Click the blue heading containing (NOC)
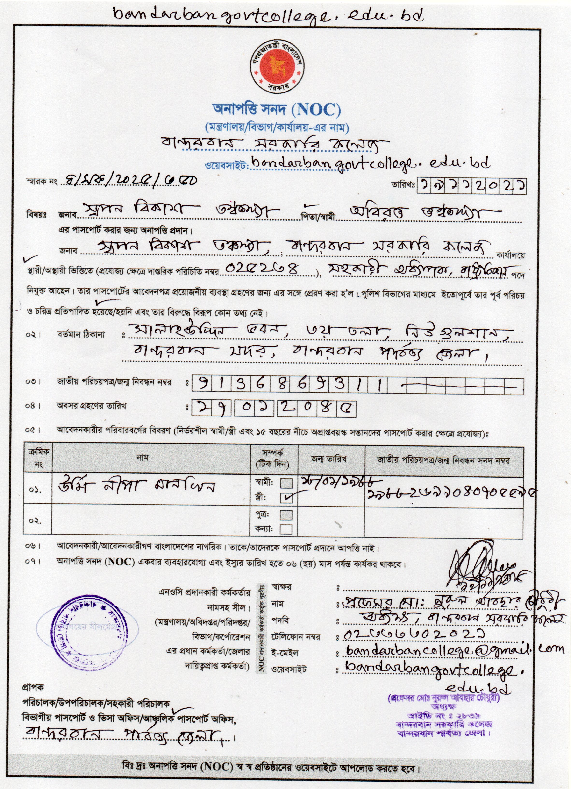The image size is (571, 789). (277, 110)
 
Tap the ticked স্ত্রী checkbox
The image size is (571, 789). (286, 498)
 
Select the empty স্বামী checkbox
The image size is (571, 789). (286, 483)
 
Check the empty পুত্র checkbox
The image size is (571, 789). (286, 514)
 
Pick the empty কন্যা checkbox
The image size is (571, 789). (286, 529)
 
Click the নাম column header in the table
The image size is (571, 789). (143, 458)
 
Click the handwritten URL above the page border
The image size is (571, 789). (268, 16)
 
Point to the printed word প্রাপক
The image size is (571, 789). (33, 688)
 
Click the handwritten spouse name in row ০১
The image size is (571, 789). (136, 486)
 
